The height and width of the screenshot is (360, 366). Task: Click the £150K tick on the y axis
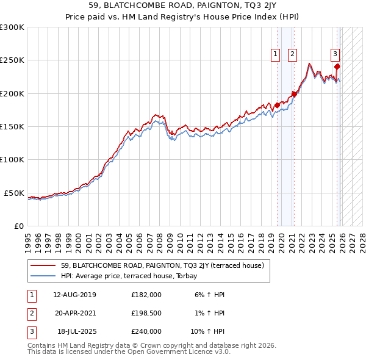coord(13,126)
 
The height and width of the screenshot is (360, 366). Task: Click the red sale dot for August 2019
coord(277,106)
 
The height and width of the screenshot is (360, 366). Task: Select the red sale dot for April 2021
coord(294,94)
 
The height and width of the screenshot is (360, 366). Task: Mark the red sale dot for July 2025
coord(337,67)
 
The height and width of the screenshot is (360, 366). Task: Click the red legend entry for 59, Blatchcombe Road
coord(162,265)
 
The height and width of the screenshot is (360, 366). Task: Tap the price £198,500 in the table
coord(146,313)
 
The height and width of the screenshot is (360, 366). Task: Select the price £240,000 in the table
coord(146,331)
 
